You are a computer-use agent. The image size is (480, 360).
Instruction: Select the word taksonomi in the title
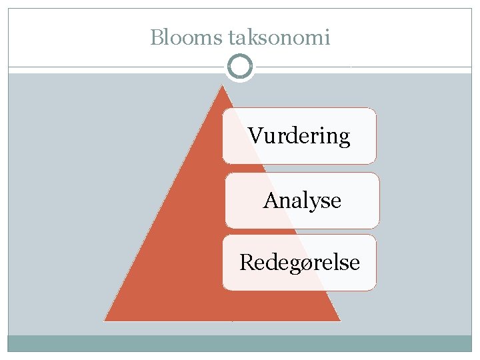(279, 37)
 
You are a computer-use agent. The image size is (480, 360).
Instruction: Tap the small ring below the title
(239, 67)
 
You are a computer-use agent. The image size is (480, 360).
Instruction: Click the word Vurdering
(299, 136)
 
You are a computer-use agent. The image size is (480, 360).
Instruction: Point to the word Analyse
(302, 200)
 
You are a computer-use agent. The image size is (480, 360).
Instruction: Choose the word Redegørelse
(299, 262)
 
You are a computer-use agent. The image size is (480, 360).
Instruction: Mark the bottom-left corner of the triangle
(106, 320)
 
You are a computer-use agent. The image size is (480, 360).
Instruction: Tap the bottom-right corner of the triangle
(339, 320)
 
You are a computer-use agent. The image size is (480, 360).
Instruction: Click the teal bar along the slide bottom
(240, 343)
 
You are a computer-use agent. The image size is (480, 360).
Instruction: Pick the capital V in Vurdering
(255, 136)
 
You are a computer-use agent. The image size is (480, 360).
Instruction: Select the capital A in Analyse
(270, 200)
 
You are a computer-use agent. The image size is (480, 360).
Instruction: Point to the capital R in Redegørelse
(246, 262)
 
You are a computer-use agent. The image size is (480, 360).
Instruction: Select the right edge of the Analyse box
(379, 200)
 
